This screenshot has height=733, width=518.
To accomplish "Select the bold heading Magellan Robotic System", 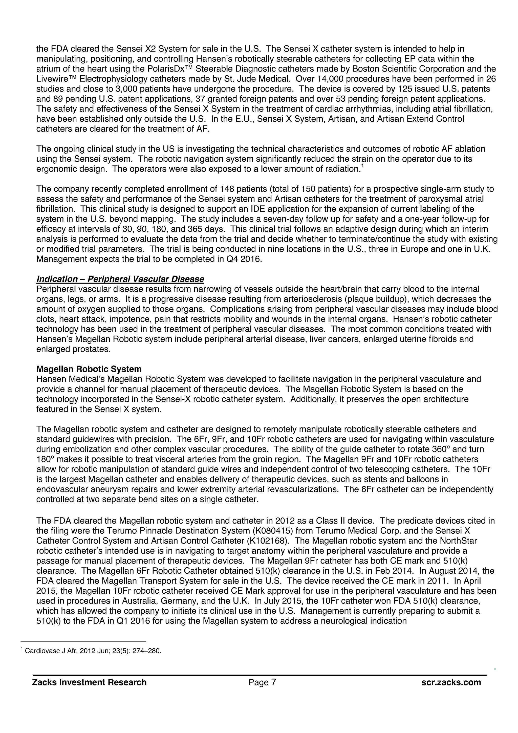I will (89, 369).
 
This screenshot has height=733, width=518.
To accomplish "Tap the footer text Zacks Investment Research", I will (89, 682).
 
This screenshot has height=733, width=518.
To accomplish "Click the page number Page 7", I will (262, 682).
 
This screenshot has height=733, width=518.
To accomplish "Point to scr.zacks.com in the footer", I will (451, 682).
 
